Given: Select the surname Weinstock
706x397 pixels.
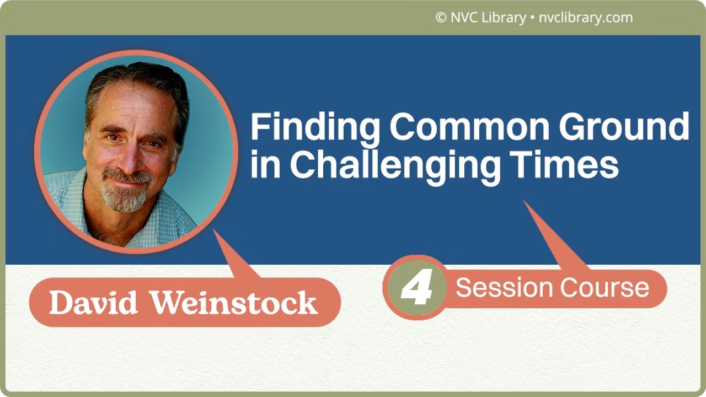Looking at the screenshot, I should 234,303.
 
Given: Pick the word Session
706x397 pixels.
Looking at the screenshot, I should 504,288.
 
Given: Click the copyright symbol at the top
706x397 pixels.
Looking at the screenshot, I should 440,18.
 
